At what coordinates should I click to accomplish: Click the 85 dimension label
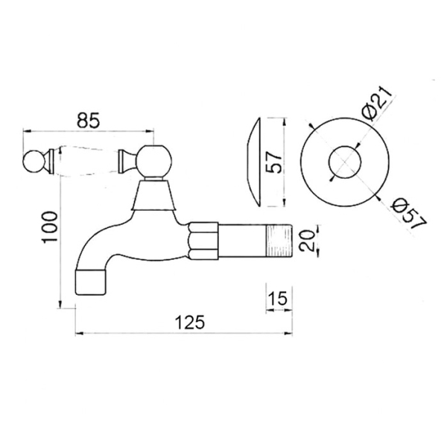point(88,120)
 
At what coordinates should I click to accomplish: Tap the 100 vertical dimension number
point(50,227)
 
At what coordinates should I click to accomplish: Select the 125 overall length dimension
point(190,322)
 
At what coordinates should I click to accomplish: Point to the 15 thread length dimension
point(278,299)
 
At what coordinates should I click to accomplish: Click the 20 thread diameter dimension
point(306,241)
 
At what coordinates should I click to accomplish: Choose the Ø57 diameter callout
point(409,213)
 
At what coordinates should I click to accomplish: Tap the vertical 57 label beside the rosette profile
point(274,162)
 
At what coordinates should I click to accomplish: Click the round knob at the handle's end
point(34,162)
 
